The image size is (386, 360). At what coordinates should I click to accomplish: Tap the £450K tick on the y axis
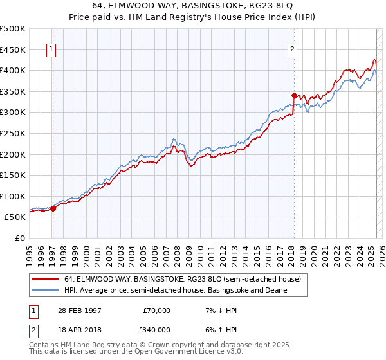coord(13,50)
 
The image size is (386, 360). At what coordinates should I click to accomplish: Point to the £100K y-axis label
coord(13,197)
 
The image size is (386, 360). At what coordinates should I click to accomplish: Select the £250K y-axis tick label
coord(13,134)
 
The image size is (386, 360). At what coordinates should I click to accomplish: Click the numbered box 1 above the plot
coord(51,49)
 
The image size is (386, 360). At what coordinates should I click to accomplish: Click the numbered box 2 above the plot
coord(292,49)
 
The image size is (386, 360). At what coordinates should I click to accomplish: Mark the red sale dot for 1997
coord(53,208)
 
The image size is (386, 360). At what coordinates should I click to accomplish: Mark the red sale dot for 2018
coord(294,94)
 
